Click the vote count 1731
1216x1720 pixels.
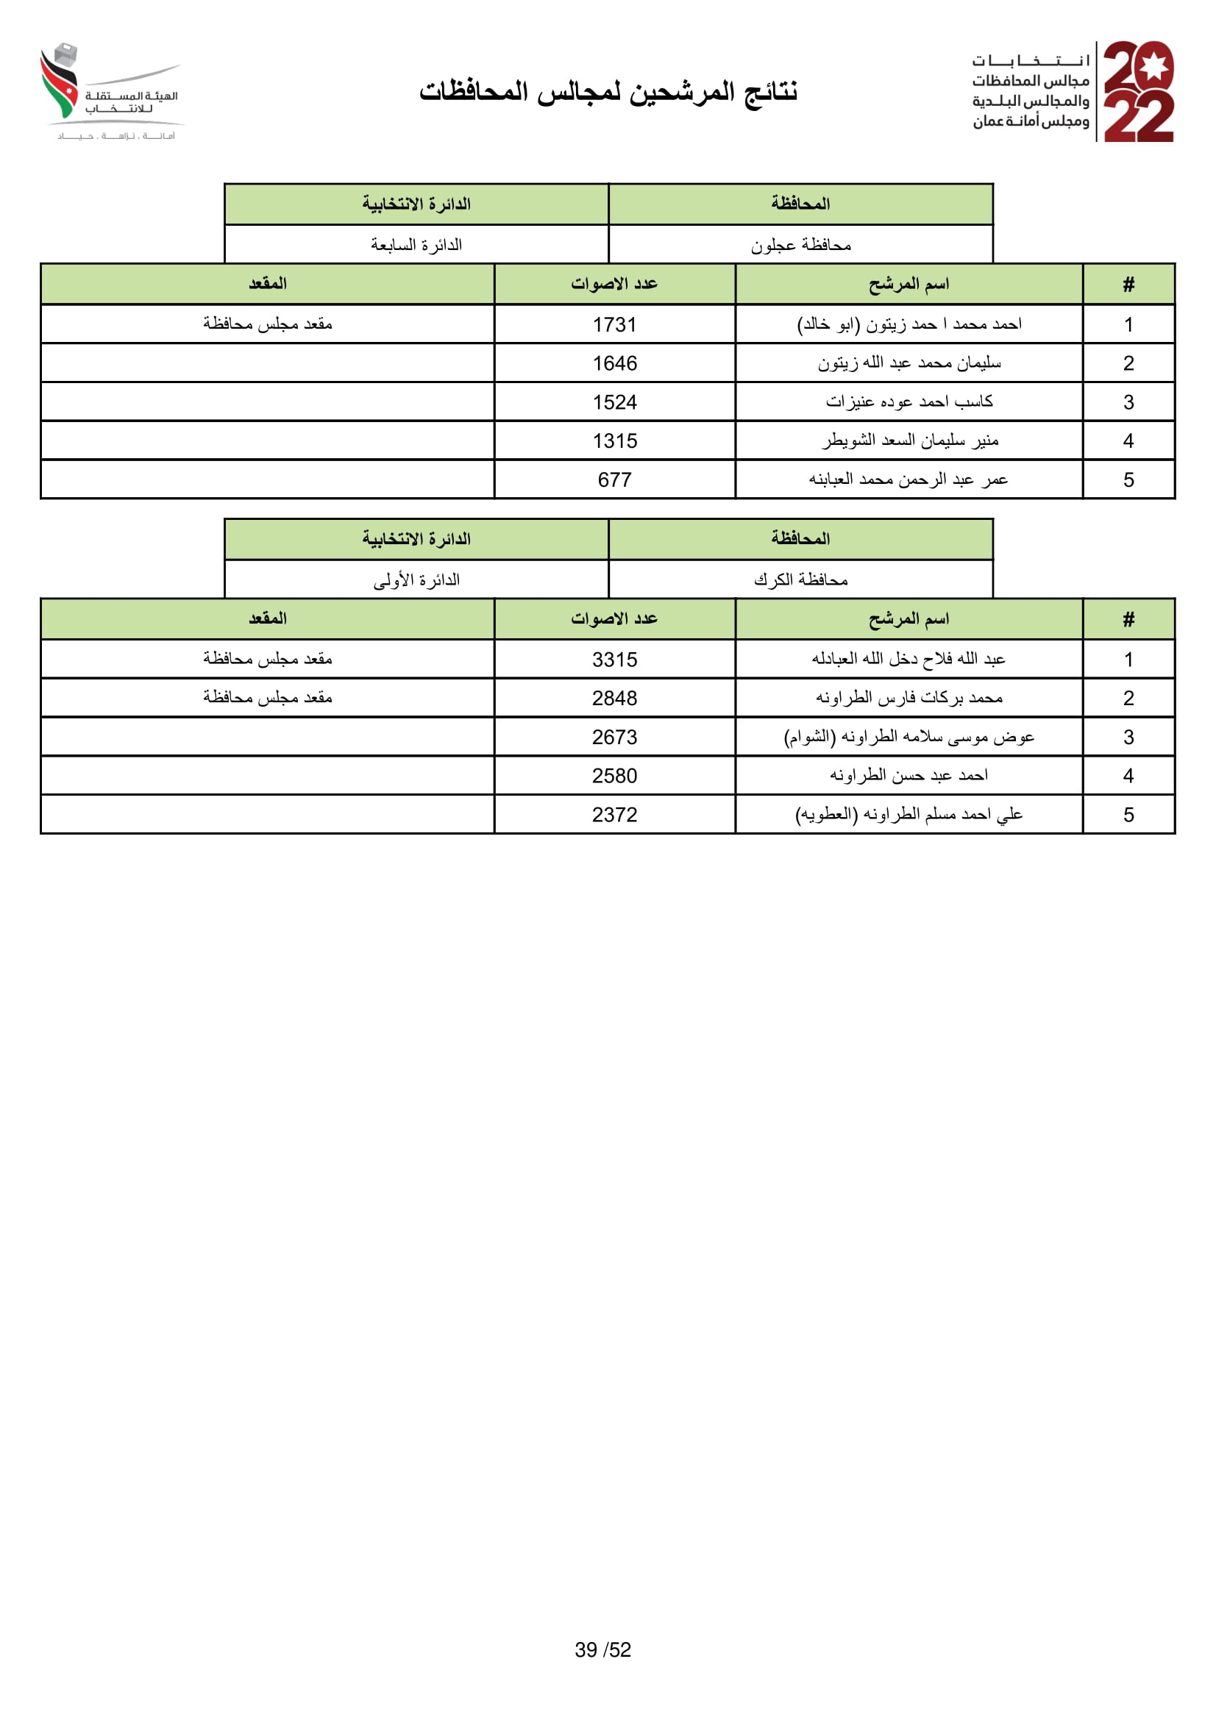click(614, 324)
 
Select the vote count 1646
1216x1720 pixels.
click(614, 363)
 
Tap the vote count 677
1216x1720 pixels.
click(614, 479)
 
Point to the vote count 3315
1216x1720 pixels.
click(614, 659)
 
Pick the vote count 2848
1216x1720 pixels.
click(614, 698)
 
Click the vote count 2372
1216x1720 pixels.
click(614, 814)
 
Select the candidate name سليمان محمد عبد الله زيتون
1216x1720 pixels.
click(909, 363)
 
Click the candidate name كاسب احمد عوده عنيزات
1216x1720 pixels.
click(909, 402)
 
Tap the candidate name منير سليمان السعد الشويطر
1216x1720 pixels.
click(909, 440)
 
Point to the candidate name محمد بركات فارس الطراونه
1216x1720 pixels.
click(909, 698)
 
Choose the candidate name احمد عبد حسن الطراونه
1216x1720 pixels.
click(909, 775)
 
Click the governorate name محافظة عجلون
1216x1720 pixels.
click(801, 245)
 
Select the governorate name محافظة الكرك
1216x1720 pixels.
click(801, 579)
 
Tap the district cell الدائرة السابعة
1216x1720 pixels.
click(416, 245)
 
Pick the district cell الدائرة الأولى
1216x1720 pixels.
click(416, 579)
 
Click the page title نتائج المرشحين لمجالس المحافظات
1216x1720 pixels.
click(608, 91)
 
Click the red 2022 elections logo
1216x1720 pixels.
click(1138, 91)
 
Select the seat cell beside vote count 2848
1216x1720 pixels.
click(268, 698)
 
